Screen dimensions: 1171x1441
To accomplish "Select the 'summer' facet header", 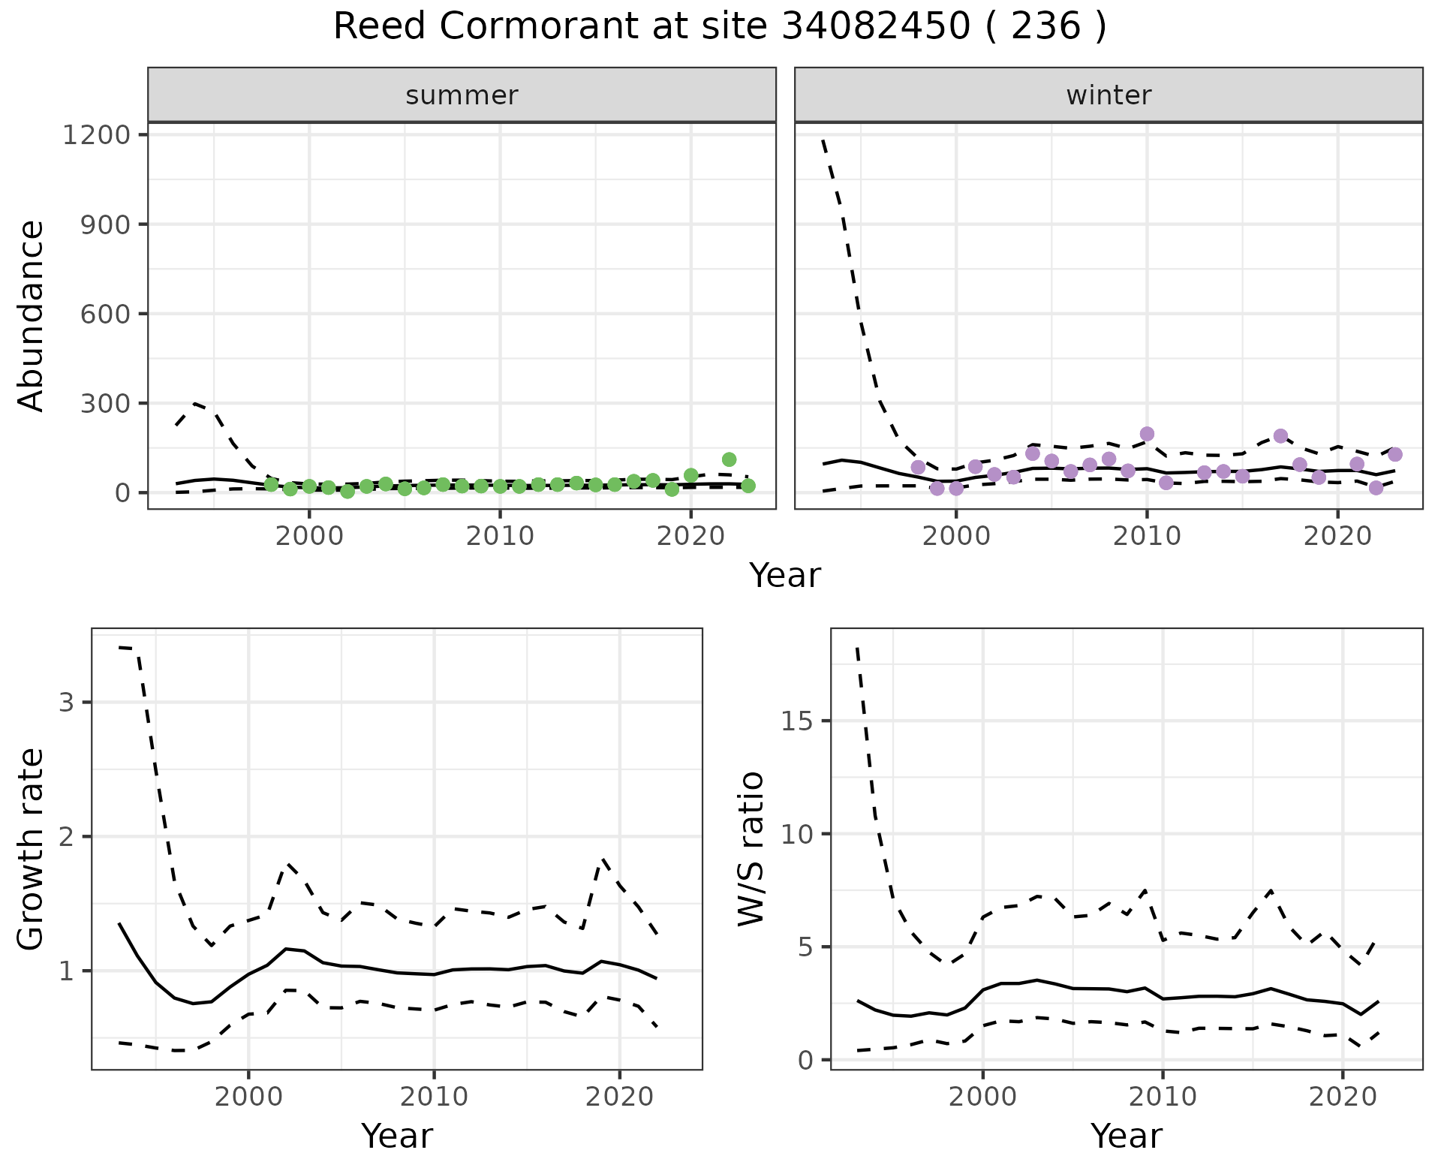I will [462, 95].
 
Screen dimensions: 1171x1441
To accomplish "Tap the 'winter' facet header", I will [1109, 95].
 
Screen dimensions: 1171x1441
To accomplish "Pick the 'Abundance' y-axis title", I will [32, 315].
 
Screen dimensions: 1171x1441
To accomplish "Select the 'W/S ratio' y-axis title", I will [751, 848].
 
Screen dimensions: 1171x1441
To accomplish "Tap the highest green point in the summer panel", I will [729, 459].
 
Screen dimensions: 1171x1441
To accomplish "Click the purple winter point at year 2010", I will [1147, 434].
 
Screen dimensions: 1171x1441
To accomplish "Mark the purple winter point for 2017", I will [1280, 436].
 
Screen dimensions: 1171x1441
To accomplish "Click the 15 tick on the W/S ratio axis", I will [797, 721].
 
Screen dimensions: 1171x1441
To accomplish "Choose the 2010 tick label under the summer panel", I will [500, 536].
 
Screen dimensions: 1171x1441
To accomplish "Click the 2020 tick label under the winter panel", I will [1337, 536].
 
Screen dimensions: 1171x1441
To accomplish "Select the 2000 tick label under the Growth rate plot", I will [248, 1097].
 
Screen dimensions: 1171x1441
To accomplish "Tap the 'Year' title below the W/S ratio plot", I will [1127, 1136].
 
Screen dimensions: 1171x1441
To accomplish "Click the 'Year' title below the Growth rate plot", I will [397, 1136].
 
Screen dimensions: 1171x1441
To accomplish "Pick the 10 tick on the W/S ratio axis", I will [797, 834].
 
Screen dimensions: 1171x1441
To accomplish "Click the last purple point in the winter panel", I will [1395, 454].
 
